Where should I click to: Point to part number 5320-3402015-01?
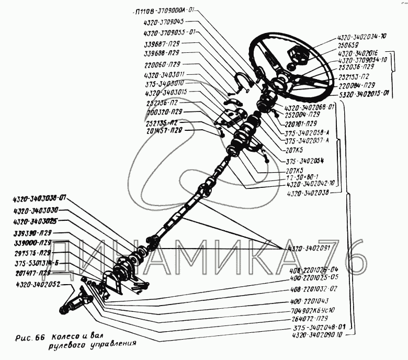pyautogui.click(x=363, y=94)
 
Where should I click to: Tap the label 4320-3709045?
pyautogui.click(x=166, y=22)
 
